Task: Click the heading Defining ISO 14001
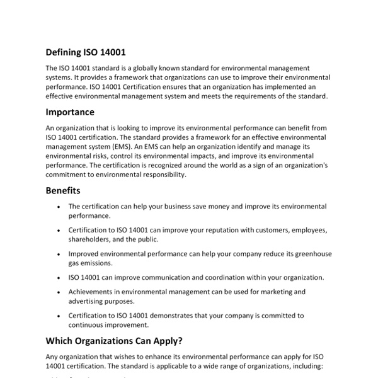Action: coord(89,52)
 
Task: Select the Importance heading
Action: coord(70,112)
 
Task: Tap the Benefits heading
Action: coord(63,190)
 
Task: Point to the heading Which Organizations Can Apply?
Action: coord(114,341)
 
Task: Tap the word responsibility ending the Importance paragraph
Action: coord(156,175)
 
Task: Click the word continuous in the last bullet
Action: coord(88,325)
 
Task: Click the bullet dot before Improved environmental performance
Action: coord(59,254)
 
